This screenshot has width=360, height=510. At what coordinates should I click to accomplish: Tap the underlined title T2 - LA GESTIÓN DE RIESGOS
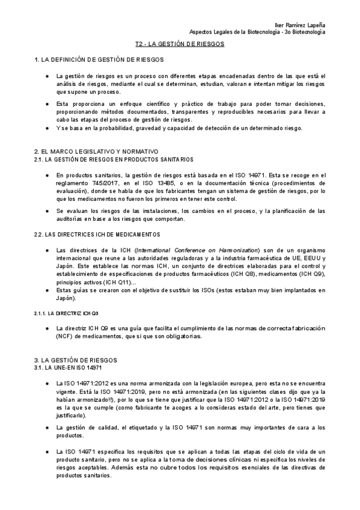pos(179,45)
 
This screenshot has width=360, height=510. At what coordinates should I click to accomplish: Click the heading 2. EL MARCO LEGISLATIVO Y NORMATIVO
pos(96,152)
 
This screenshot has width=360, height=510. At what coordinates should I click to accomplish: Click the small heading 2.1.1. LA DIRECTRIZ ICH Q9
pos(66,313)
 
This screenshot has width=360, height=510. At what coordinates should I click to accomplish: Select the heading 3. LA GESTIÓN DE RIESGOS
pos(75,360)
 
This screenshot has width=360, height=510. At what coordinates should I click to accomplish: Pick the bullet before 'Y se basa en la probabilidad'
pos(47,128)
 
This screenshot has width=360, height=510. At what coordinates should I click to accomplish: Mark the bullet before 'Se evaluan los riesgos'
pos(47,210)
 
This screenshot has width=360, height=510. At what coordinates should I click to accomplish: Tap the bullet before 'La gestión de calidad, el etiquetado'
pos(47,428)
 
